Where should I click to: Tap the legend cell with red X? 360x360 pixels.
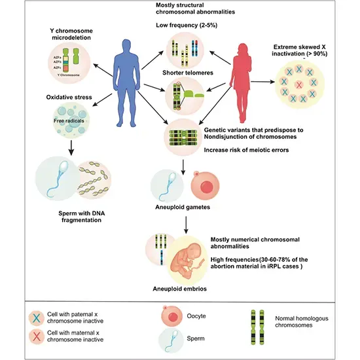click(37, 337)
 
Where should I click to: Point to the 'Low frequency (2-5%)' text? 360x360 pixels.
click(187, 26)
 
